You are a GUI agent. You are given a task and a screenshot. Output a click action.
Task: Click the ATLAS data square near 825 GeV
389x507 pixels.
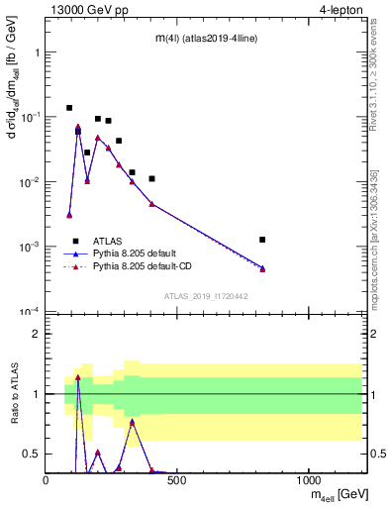(x=262, y=240)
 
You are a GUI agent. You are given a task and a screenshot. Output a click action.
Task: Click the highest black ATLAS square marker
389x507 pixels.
(x=69, y=108)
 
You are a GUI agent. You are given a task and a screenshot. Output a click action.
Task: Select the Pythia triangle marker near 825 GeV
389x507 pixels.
(x=262, y=268)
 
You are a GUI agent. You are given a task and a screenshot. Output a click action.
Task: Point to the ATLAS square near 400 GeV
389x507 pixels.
(x=151, y=179)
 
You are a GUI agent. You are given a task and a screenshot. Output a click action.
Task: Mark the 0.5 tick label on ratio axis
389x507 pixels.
(x=32, y=454)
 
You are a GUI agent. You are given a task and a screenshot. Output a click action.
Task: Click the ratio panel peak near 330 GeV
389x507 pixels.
(x=133, y=422)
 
